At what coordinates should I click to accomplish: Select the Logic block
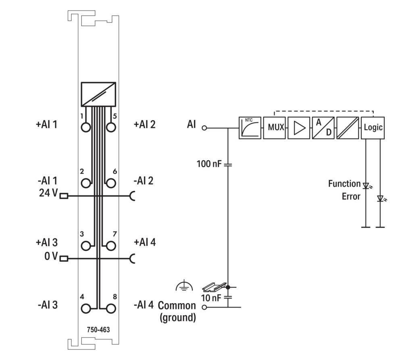pos(373,128)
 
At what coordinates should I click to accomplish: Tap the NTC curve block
pos(249,128)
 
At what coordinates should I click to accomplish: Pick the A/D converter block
pos(323,128)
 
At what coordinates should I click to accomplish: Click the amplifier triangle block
pos(299,128)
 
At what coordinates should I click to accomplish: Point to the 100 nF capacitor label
pos(209,164)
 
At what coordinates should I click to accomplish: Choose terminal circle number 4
pos(86,308)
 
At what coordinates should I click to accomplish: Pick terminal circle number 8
pos(110,308)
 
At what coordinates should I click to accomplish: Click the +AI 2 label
pos(144,124)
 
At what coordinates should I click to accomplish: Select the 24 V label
pos(48,193)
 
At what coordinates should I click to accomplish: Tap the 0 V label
pos(51,257)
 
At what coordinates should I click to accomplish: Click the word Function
pos(344,184)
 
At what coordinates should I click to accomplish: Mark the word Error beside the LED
pos(351,197)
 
